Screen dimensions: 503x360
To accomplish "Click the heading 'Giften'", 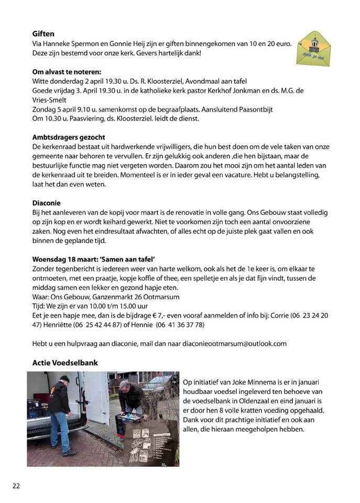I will [x=43, y=33].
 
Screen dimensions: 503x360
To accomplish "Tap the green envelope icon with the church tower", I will [x=313, y=48].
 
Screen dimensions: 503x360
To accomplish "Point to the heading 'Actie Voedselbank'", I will [x=65, y=363].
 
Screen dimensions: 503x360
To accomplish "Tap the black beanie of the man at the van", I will [x=64, y=378].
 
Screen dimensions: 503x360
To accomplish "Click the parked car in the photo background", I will [x=160, y=385].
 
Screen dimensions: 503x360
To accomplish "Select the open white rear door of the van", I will [x=97, y=398].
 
